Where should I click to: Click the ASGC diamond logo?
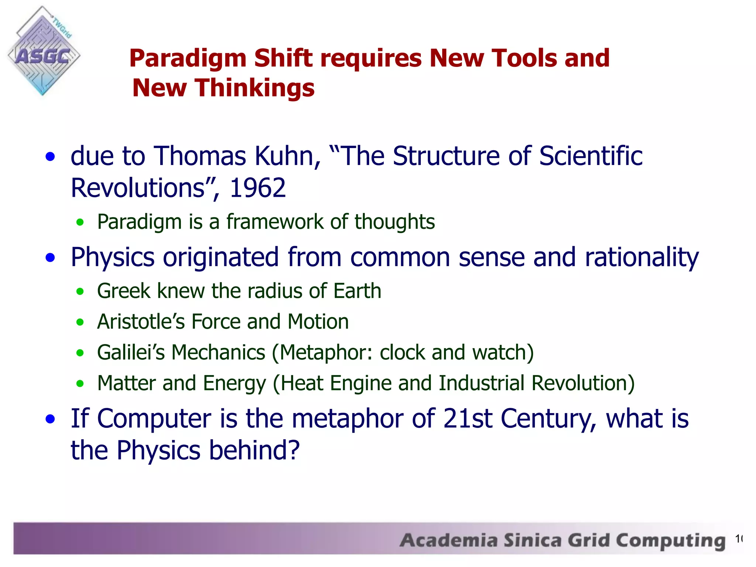(43, 52)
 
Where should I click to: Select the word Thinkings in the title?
(255, 88)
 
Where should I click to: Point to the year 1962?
(258, 188)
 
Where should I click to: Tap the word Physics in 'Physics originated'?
(112, 257)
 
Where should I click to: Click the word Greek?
(124, 291)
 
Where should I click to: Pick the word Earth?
(357, 291)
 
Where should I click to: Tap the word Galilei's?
(131, 353)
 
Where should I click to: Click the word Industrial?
(481, 383)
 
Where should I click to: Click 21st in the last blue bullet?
(468, 419)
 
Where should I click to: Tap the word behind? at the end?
(254, 450)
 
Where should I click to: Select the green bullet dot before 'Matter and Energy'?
(80, 384)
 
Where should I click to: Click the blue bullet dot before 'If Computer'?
(50, 419)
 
